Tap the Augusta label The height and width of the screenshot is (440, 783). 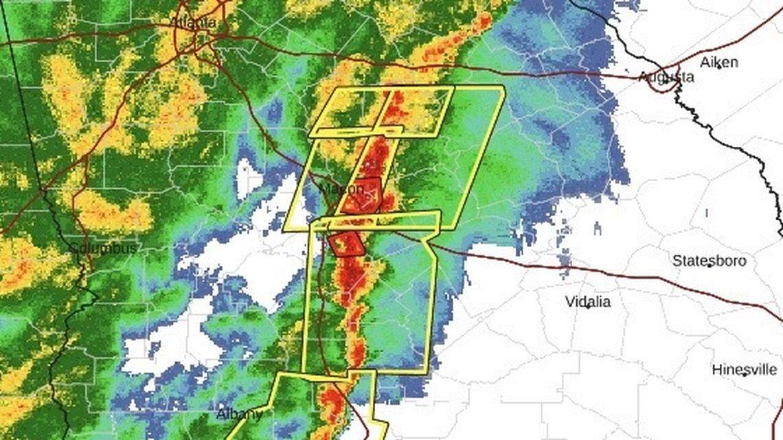[x=666, y=77]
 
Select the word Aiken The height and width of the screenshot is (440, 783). [x=718, y=62]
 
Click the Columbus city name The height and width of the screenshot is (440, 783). [x=103, y=248]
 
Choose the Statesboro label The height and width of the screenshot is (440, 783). [x=709, y=261]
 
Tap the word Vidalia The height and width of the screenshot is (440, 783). [x=587, y=301]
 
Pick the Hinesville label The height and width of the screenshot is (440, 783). [x=745, y=369]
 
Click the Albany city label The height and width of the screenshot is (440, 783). [x=239, y=414]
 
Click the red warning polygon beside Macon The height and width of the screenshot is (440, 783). [x=362, y=195]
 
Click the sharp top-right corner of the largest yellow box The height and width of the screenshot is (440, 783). [x=504, y=86]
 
